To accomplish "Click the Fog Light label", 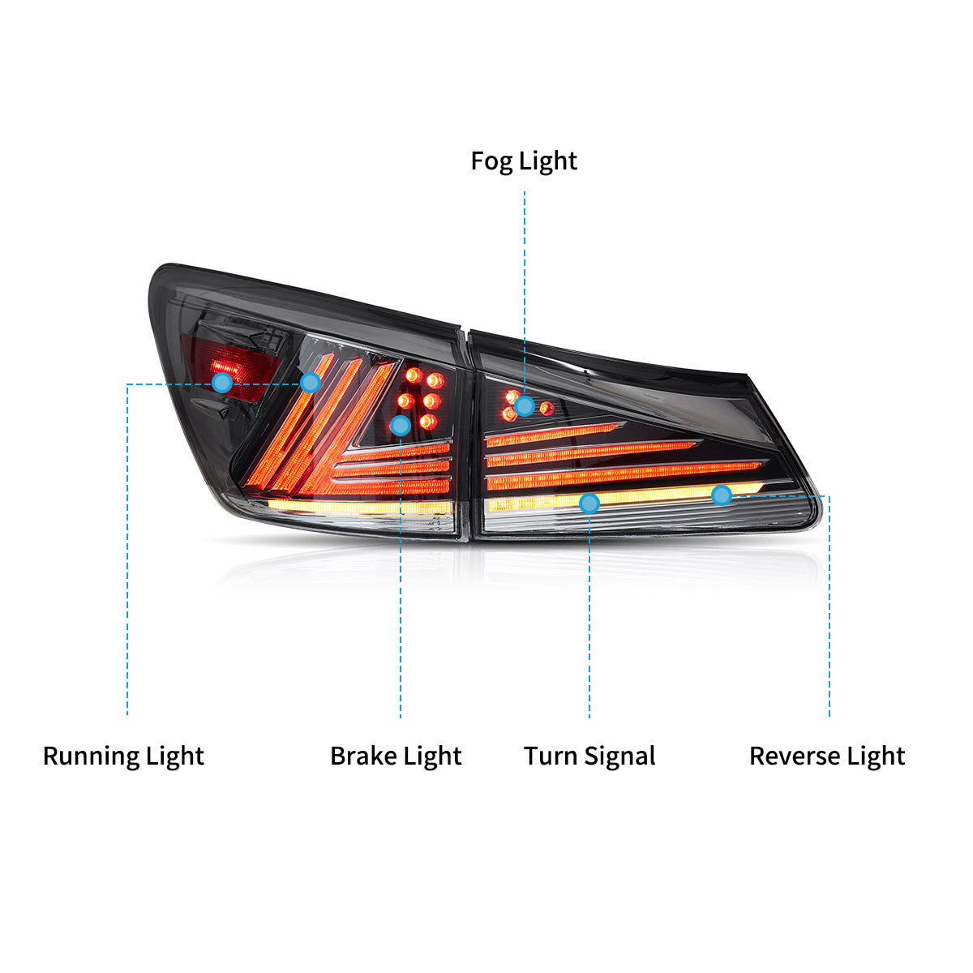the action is pyautogui.click(x=524, y=161).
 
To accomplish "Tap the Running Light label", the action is pyautogui.click(x=124, y=757).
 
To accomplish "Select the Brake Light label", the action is pyautogui.click(x=396, y=757).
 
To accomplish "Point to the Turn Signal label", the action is pyautogui.click(x=589, y=757).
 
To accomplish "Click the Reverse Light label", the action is pyautogui.click(x=827, y=757).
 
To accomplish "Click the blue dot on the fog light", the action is pyautogui.click(x=525, y=405).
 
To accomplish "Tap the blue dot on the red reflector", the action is pyautogui.click(x=222, y=383).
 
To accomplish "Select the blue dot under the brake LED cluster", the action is pyautogui.click(x=401, y=426).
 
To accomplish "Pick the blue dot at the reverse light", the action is pyautogui.click(x=722, y=495).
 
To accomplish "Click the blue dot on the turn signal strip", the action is pyautogui.click(x=589, y=503).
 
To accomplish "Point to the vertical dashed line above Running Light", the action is pyautogui.click(x=127, y=550).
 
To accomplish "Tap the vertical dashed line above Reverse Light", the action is pyautogui.click(x=829, y=606).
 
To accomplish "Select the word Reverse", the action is pyautogui.click(x=795, y=757).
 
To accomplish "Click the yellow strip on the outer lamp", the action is pyautogui.click(x=359, y=507).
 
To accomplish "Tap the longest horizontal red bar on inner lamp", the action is pyautogui.click(x=624, y=474).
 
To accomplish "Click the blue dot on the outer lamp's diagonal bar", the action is pyautogui.click(x=311, y=383).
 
